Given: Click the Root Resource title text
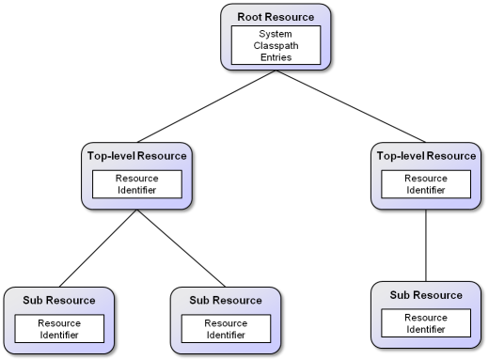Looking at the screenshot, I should (276, 17).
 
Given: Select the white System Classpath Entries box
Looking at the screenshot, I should (276, 45).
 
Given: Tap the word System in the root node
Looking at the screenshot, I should (276, 34).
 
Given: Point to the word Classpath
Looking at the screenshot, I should (276, 45).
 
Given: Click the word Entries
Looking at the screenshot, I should (276, 57).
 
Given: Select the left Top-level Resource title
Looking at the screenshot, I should (137, 156).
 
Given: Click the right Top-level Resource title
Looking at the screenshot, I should (426, 156).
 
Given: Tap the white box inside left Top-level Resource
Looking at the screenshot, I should (137, 184).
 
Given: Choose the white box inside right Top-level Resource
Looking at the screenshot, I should (426, 184).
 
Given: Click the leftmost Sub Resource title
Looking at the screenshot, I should (59, 301).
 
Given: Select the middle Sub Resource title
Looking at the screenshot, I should (226, 301).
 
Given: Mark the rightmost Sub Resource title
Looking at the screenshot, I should (426, 295).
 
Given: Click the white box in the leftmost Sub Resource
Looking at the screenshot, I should (59, 329).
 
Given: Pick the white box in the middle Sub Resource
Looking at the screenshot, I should (226, 329).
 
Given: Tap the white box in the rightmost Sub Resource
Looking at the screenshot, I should (426, 323).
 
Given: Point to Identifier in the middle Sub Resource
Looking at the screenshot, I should (226, 335).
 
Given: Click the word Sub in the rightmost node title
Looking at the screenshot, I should (401, 295).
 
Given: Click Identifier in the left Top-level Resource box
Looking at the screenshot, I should (137, 191).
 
